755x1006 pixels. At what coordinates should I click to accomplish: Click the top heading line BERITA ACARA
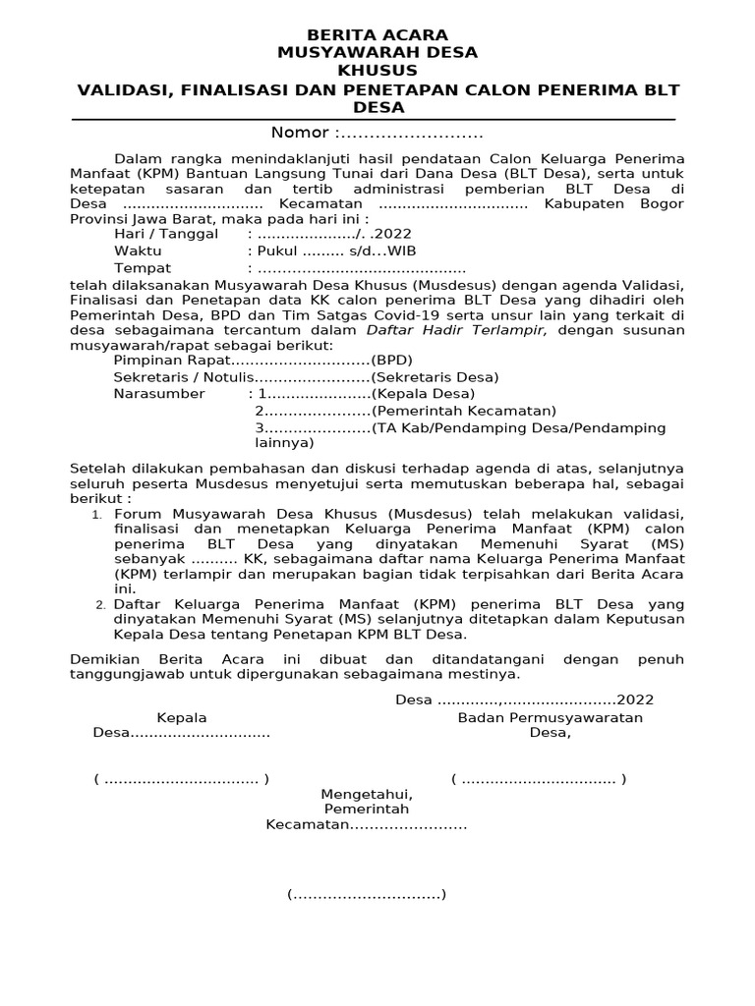[x=377, y=35]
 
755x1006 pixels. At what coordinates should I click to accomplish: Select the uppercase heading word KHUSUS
[x=377, y=71]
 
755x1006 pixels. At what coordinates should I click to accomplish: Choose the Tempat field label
[x=143, y=268]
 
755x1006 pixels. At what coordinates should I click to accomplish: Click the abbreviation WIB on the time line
[x=402, y=251]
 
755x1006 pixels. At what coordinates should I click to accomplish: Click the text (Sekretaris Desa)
[x=435, y=377]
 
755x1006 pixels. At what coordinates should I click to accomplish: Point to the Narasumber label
[x=159, y=394]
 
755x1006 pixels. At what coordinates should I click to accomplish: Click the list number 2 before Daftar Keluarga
[x=100, y=604]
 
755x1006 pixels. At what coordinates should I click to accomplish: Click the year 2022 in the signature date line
[x=635, y=700]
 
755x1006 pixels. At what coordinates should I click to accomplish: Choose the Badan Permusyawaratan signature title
[x=551, y=718]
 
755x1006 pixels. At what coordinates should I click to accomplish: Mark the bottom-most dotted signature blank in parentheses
[x=367, y=894]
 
